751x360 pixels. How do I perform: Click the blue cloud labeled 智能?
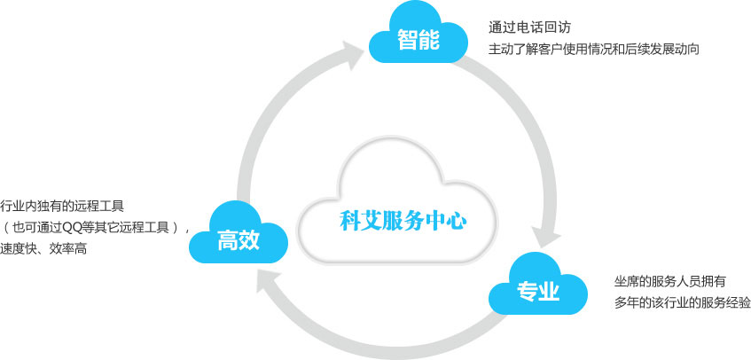click(419, 35)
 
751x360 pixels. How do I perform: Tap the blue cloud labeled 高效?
click(238, 236)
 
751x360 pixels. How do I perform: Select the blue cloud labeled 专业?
click(538, 286)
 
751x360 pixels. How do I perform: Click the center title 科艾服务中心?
click(403, 222)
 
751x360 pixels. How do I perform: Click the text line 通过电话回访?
click(529, 27)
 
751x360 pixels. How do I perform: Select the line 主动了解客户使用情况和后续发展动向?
click(593, 50)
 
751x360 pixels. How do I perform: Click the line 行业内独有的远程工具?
click(62, 207)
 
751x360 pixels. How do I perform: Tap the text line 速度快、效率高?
click(43, 249)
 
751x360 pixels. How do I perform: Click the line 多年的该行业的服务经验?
click(683, 303)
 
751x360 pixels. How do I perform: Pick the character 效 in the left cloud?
click(249, 240)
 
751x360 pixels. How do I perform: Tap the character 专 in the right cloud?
click(527, 291)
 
